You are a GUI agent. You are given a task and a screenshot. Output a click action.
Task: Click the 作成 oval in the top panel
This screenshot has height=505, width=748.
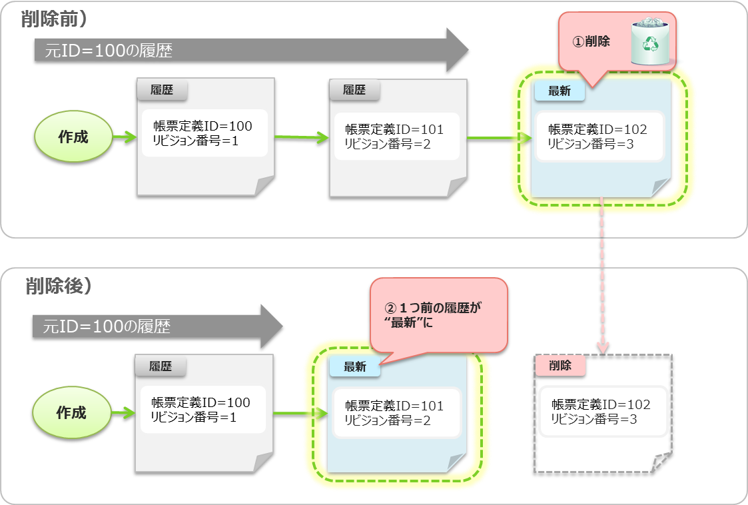(73, 138)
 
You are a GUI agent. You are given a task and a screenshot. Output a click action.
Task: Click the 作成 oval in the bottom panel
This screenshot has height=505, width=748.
(71, 413)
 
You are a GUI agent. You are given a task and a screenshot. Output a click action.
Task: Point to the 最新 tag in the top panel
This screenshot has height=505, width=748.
(559, 91)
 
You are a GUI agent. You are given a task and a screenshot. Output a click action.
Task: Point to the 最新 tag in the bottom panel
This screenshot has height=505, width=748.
(354, 367)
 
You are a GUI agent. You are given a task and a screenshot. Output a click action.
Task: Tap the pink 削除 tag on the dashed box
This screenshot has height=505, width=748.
(560, 365)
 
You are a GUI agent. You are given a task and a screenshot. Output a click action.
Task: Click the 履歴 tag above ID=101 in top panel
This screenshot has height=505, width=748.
(354, 90)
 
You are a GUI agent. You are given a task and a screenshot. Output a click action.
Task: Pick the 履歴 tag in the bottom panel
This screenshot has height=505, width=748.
(161, 366)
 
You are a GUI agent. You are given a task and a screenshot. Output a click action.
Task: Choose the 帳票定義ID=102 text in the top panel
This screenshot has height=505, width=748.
(597, 130)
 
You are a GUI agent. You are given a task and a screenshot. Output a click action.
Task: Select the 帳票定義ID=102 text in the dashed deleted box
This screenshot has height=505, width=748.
(601, 405)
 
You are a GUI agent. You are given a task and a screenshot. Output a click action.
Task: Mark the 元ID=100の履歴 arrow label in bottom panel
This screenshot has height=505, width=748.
(107, 326)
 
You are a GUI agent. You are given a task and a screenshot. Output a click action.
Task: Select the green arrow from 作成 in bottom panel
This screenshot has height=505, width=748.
(123, 413)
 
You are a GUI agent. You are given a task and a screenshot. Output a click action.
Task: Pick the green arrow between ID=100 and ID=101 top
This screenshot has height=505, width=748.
(301, 138)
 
